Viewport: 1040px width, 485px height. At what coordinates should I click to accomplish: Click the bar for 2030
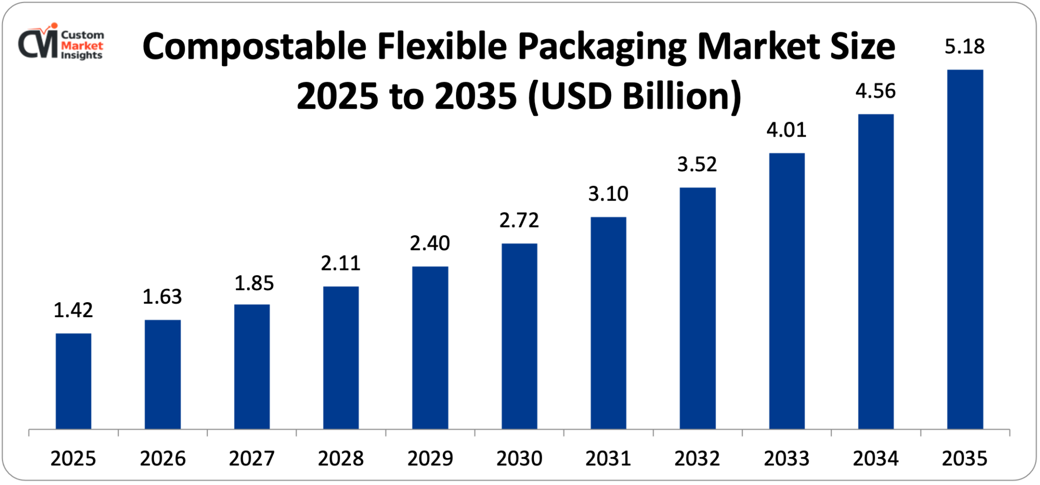click(519, 336)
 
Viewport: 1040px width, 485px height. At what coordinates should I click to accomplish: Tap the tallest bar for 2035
click(965, 249)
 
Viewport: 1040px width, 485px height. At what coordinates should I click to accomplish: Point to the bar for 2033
click(786, 291)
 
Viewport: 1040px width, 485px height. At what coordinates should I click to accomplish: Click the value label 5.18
click(964, 47)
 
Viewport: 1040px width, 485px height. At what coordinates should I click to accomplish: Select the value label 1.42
click(73, 310)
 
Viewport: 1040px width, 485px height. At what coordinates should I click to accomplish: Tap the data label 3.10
click(608, 194)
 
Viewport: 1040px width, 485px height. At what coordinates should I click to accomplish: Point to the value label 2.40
click(430, 243)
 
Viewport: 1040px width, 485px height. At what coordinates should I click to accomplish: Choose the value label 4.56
click(875, 91)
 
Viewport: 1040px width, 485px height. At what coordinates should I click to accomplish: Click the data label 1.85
click(254, 283)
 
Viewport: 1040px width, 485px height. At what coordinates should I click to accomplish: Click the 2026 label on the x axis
click(162, 459)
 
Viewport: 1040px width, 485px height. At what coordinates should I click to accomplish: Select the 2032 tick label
click(697, 459)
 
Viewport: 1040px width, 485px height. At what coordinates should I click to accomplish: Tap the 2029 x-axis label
click(430, 459)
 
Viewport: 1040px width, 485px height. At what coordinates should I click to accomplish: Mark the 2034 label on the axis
click(875, 459)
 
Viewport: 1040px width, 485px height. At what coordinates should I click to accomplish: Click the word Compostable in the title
click(254, 47)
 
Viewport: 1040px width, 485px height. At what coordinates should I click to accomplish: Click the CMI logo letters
click(38, 44)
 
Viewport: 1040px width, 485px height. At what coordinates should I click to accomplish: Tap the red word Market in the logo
click(82, 45)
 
